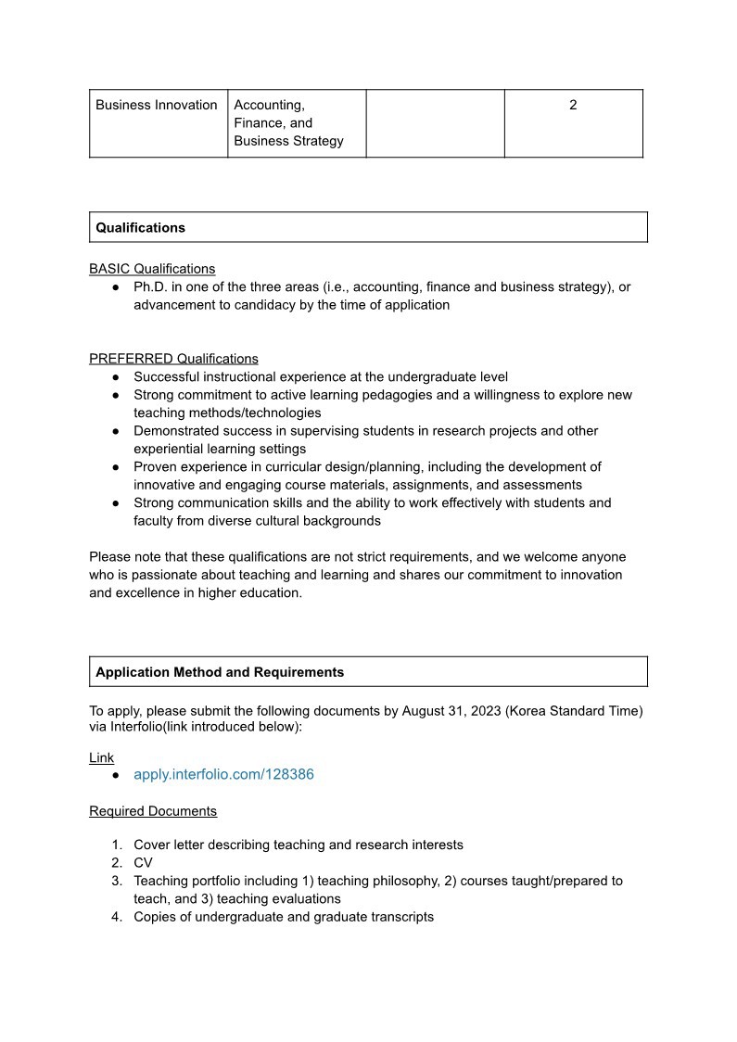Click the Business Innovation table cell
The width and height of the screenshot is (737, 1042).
[157, 105]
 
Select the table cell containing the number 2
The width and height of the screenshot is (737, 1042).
[573, 105]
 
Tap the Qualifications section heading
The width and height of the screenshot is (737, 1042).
[140, 227]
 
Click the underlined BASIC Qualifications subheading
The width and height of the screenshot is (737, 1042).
[152, 269]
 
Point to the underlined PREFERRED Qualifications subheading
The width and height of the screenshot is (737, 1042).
[173, 359]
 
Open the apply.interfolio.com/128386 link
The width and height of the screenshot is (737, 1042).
[223, 774]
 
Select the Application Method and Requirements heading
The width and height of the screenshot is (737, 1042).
[220, 672]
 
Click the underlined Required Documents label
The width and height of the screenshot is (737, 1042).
[153, 811]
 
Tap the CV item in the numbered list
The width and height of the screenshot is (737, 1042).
[143, 863]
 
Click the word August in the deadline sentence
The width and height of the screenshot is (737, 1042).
[425, 711]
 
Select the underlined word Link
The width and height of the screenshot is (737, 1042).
[102, 757]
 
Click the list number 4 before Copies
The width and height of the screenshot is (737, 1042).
[117, 917]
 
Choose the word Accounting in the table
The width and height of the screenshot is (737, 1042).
[269, 105]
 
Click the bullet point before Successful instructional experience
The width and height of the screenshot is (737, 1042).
[116, 377]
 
